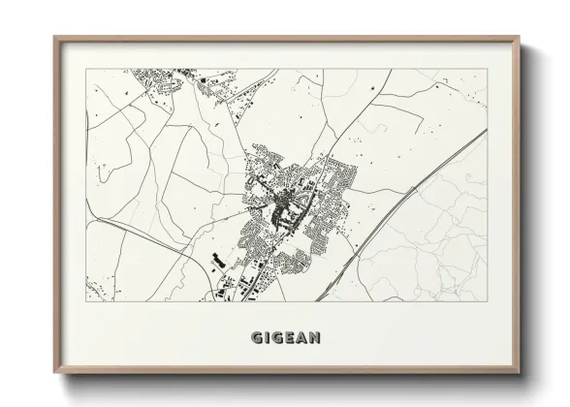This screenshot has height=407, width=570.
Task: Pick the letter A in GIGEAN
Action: coord(307,338)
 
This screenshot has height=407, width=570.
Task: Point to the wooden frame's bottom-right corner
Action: coord(521,375)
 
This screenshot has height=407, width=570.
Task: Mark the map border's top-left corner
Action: coord(86,69)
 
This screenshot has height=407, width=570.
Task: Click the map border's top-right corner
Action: coord(488,69)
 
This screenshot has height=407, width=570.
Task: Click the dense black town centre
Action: coord(287,203)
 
